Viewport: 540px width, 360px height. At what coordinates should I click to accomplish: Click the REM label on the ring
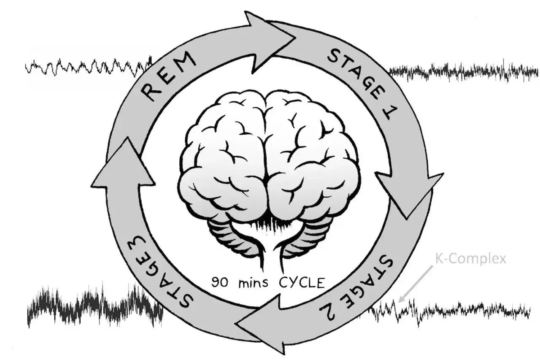168,76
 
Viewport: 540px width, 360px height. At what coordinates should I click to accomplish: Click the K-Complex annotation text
470,260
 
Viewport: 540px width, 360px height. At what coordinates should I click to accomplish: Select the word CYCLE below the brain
302,283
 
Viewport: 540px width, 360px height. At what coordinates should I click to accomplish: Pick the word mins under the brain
253,283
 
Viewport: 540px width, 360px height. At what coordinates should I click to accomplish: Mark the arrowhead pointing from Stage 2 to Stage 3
260,324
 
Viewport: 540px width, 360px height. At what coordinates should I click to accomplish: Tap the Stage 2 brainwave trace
451,311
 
